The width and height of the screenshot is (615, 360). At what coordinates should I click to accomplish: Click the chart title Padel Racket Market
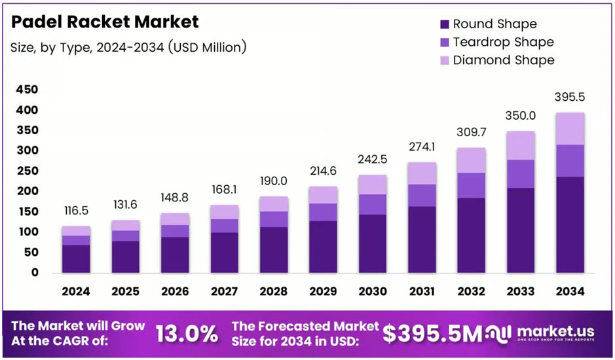(105, 22)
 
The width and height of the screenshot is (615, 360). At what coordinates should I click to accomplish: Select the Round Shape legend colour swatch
(445, 24)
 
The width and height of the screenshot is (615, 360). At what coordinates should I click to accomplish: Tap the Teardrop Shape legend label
(503, 42)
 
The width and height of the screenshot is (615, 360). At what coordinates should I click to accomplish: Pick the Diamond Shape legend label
(504, 60)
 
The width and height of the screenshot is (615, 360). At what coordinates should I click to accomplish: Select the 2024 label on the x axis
(76, 291)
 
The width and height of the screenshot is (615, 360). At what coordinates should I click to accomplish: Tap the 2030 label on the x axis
(371, 291)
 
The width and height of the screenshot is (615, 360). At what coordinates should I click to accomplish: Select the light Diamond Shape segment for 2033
(520, 145)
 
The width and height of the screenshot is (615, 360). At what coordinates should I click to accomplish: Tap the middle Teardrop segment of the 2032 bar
(471, 185)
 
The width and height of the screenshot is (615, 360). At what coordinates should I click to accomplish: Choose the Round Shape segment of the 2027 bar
(224, 253)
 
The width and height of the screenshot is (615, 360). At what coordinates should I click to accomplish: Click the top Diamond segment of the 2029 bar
(322, 195)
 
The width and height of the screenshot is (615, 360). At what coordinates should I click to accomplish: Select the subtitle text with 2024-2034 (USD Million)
(128, 47)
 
